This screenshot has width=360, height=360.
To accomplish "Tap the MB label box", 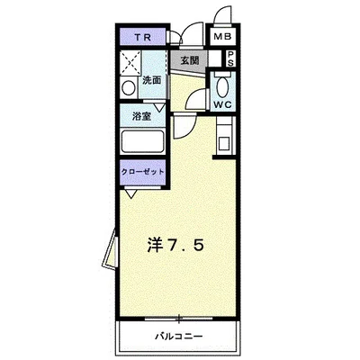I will pyautogui.click(x=221, y=37).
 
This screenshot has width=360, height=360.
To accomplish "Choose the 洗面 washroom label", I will pyautogui.click(x=151, y=80).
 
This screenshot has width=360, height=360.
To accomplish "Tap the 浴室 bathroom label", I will pyautogui.click(x=140, y=116).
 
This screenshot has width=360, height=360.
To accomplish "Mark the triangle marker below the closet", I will pyautogui.click(x=131, y=193).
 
